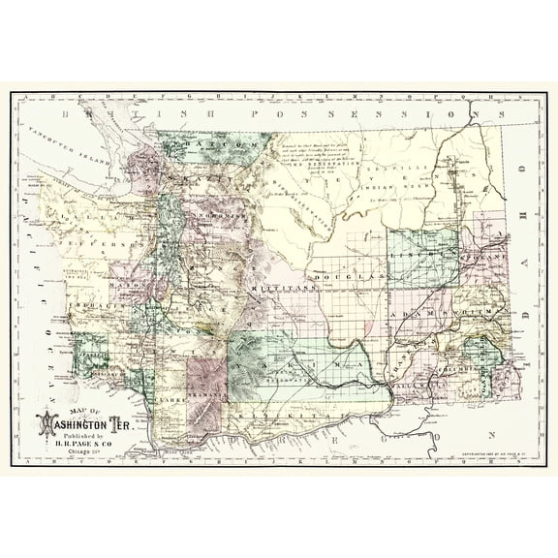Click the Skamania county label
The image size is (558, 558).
coord(205,394)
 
